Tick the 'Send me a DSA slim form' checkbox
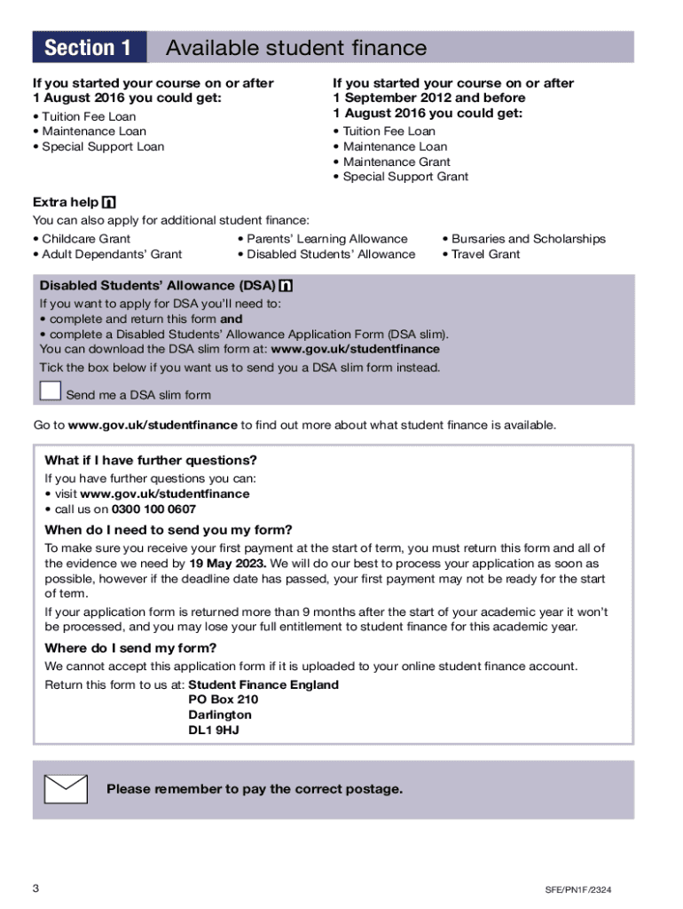click(51, 391)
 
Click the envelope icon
click(66, 789)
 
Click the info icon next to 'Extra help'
click(110, 202)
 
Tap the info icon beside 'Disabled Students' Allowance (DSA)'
click(286, 286)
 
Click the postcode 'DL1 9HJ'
click(214, 731)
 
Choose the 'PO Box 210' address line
click(224, 700)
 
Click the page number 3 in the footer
click(35, 889)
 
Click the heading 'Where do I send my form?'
click(130, 648)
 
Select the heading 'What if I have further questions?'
click(151, 460)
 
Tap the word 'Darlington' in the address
click(220, 715)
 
